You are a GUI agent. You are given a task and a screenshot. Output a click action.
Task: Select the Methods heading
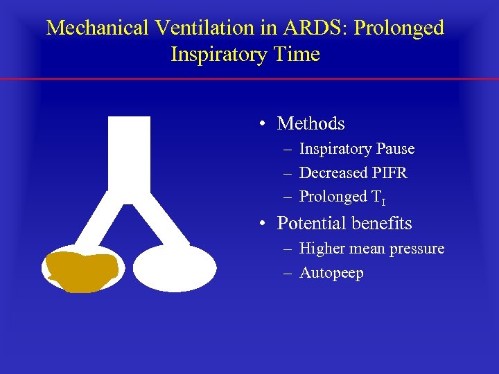click(310, 124)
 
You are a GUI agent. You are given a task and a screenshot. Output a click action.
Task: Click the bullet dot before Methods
click(264, 125)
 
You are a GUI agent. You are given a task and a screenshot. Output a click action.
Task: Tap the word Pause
click(396, 149)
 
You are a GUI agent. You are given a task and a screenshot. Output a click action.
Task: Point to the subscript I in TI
click(383, 201)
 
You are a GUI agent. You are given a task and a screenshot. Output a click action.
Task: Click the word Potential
click(311, 224)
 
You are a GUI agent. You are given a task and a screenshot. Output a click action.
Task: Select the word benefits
click(382, 224)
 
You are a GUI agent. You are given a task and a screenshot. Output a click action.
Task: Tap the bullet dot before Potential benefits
click(264, 224)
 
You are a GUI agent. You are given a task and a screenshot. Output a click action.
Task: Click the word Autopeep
click(331, 274)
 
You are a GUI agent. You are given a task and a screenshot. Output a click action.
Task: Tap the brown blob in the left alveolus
click(80, 271)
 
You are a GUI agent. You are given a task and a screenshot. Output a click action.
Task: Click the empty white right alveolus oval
click(174, 268)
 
